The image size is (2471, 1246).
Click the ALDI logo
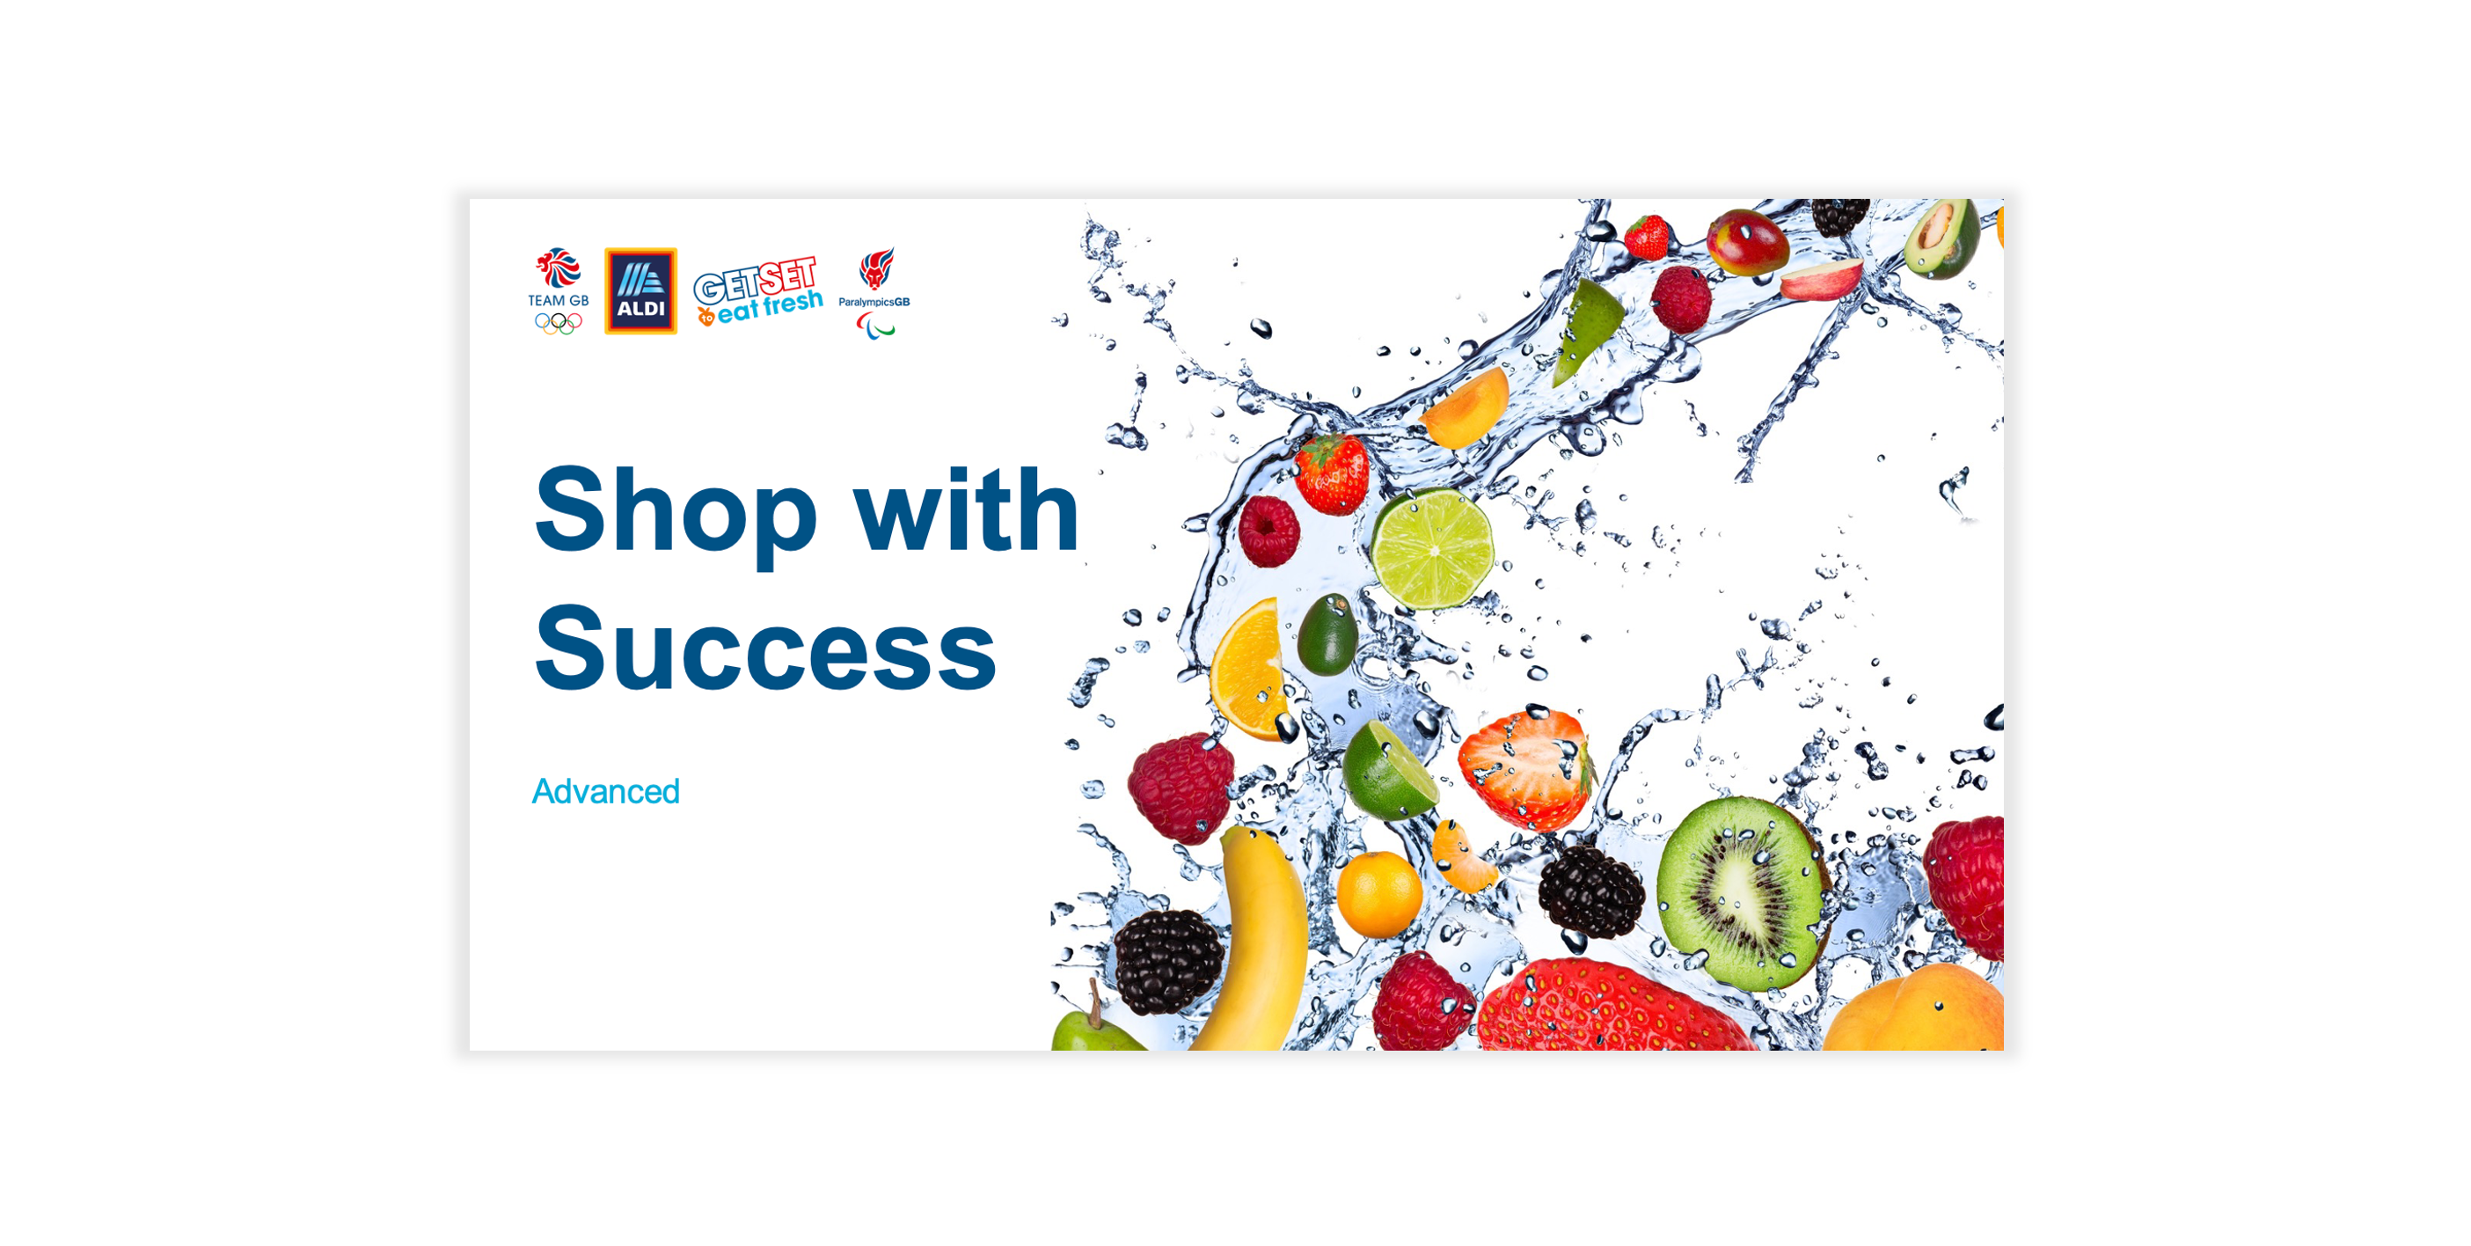click(x=640, y=290)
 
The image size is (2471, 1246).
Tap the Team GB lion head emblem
click(x=559, y=268)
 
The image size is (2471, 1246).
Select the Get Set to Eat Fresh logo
click(x=757, y=290)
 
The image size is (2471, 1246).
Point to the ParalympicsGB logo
click(x=874, y=292)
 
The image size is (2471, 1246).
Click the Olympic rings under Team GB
click(x=559, y=323)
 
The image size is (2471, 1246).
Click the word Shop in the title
click(x=676, y=514)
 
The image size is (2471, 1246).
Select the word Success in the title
click(x=765, y=649)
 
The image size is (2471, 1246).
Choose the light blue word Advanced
click(x=605, y=791)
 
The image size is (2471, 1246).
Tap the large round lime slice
click(x=1431, y=549)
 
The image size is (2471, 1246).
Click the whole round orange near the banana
click(x=1378, y=895)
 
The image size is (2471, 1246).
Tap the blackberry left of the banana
click(x=1168, y=961)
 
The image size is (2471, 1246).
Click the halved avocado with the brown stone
click(x=1942, y=238)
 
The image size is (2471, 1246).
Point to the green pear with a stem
click(x=1096, y=1026)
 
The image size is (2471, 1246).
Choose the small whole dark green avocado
click(x=1327, y=634)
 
